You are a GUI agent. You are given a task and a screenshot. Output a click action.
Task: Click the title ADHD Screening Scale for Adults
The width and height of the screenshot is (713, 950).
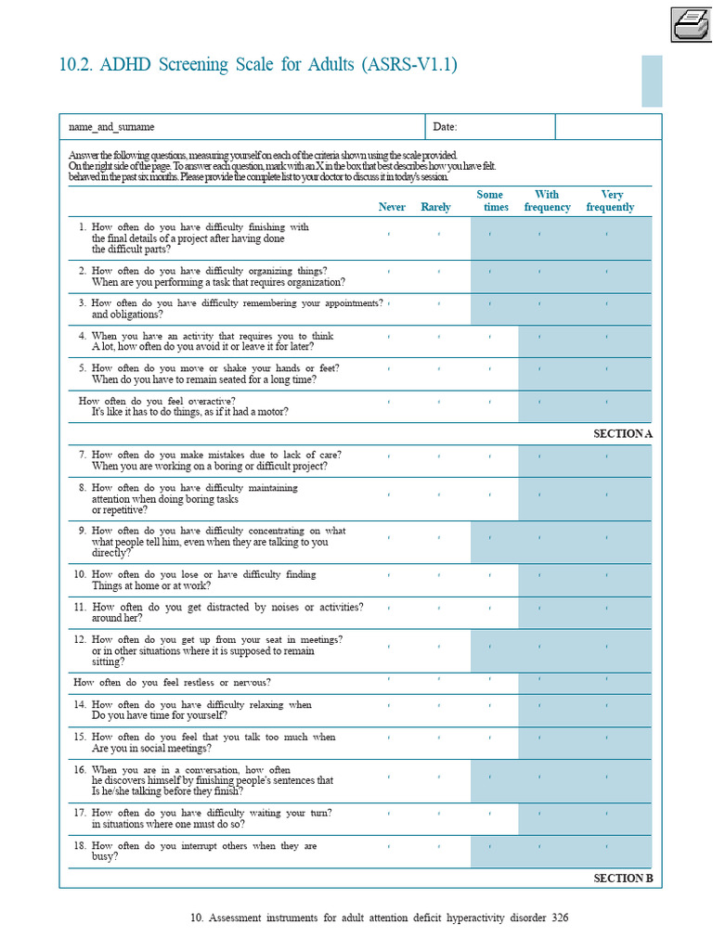coord(258,65)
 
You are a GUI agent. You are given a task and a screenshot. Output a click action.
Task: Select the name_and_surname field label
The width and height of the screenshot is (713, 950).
coord(111,127)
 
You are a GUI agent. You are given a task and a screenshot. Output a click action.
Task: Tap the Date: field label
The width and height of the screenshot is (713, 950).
coord(445,127)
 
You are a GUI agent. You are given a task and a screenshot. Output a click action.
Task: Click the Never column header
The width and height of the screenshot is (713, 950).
coord(392,207)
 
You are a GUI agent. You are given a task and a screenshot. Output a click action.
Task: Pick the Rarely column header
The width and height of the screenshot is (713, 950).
coord(435,207)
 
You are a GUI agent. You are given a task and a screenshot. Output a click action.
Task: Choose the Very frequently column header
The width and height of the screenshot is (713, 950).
coord(610,201)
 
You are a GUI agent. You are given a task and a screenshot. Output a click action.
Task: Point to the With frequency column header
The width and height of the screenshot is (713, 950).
coord(547,201)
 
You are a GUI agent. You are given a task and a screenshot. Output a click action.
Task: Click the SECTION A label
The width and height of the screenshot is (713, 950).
coord(623,433)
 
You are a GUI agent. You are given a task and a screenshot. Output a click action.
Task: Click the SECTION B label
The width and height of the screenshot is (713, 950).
coord(623,878)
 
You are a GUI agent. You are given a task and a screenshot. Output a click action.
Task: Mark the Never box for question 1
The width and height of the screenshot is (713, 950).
coord(389,234)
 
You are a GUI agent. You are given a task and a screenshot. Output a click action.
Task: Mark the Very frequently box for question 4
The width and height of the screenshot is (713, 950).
coord(606,336)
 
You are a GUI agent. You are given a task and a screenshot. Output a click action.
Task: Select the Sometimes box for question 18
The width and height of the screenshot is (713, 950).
coord(489,847)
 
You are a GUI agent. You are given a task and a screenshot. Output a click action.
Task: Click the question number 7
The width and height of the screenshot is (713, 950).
coord(82,455)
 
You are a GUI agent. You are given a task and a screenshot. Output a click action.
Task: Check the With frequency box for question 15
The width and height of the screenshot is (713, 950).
coord(539,738)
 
